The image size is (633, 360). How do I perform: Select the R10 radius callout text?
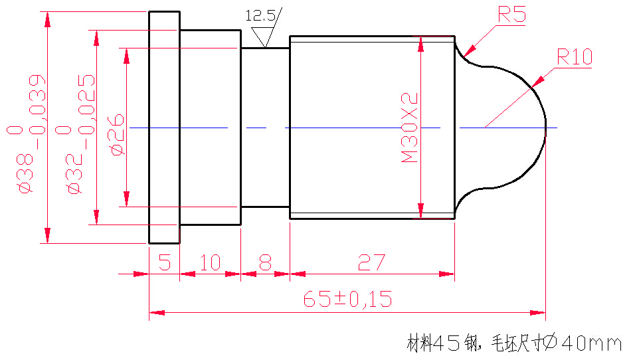[574, 57]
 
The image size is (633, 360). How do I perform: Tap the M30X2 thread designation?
[409, 128]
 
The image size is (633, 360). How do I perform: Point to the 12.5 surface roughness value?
[260, 15]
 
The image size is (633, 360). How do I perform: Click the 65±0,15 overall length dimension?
[347, 300]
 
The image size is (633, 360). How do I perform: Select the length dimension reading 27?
[371, 263]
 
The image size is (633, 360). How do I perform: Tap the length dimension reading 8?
[265, 263]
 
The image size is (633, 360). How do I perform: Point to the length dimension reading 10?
[209, 263]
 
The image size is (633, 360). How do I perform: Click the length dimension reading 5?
[164, 263]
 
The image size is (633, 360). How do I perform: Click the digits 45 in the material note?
[448, 343]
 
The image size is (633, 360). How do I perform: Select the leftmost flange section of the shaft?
[164, 128]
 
